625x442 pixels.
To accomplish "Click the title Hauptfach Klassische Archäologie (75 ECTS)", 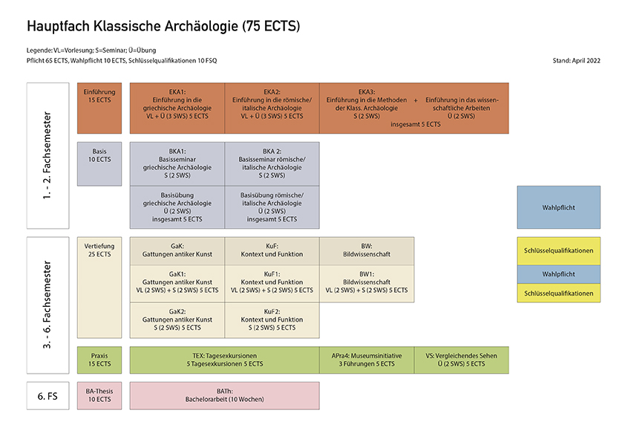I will [163, 27].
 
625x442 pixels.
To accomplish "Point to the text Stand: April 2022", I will [577, 60].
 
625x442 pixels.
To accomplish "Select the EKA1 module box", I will [177, 107].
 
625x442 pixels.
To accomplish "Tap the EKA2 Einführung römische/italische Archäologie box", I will [272, 107].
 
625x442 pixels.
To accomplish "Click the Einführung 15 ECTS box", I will [99, 107].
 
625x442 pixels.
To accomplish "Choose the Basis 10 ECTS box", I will [99, 163].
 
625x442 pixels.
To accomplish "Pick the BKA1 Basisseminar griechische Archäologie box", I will [177, 163].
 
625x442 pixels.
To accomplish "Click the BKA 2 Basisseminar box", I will [272, 163].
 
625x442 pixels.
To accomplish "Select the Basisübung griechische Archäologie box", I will [177, 207].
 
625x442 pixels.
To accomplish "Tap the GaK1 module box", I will [177, 284].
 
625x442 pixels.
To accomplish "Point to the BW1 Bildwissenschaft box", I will [367, 284].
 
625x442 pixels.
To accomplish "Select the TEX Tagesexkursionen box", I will [224, 360].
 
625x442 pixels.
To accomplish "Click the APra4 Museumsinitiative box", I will [367, 360].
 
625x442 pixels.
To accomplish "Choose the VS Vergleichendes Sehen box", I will [462, 360].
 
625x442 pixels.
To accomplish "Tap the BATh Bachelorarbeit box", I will [224, 395].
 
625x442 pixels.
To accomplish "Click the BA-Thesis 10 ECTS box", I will [99, 395].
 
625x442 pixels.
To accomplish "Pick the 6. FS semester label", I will [48, 395].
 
